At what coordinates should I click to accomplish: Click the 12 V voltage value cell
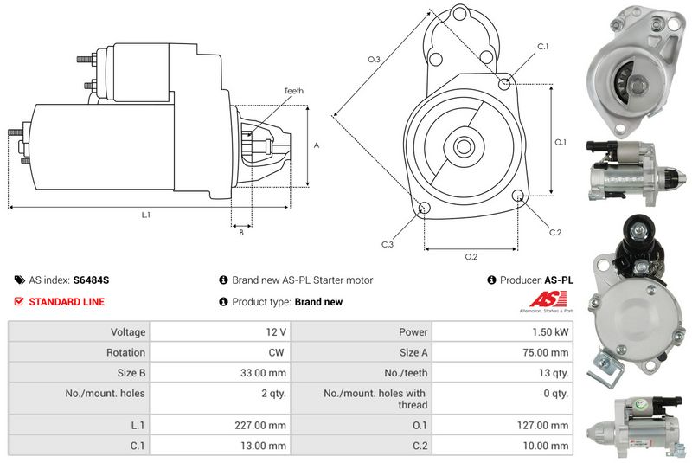pos(277,331)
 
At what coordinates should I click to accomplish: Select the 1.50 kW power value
pos(551,331)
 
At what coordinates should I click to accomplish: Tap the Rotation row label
pos(127,352)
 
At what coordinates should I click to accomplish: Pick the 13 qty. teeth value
pos(553,373)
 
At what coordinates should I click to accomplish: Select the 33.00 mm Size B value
pos(266,373)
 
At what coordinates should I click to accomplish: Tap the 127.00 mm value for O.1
pos(546,425)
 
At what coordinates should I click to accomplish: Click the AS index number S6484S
pos(92,280)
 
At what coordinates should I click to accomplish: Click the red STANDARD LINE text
pos(67,302)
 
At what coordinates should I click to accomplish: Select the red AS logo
pos(544,299)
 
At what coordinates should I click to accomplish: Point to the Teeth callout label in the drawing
pos(293,91)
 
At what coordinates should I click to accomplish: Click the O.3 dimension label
pos(374,59)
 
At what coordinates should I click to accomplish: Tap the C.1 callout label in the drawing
pos(543,46)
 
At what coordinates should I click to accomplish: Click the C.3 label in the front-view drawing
pos(388,244)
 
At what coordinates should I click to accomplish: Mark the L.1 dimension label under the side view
pos(146,214)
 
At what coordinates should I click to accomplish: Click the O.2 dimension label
pos(471,256)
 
